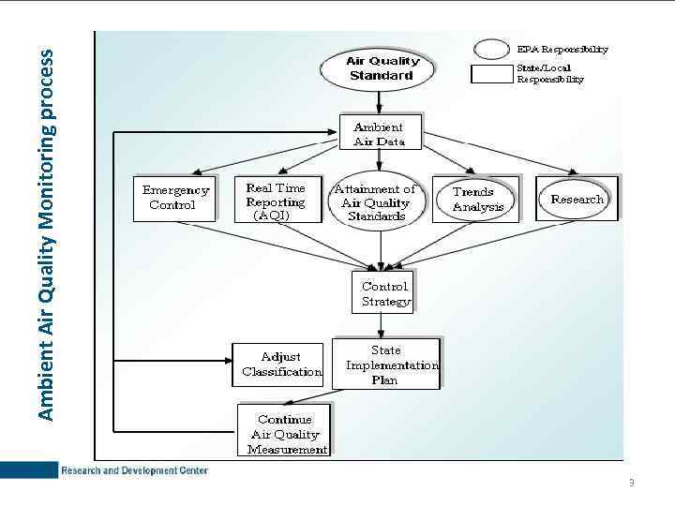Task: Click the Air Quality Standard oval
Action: [x=380, y=68]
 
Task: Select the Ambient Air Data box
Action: [x=380, y=134]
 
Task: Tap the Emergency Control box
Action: [x=174, y=198]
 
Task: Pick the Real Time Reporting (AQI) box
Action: [x=276, y=201]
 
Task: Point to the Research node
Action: [x=577, y=199]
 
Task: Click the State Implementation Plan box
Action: [x=385, y=365]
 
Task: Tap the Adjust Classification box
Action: [x=279, y=365]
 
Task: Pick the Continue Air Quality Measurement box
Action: [x=283, y=433]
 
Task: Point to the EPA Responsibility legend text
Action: [x=562, y=49]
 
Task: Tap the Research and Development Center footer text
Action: [x=134, y=470]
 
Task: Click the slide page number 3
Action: [x=631, y=483]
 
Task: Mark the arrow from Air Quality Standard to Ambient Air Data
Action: [x=380, y=102]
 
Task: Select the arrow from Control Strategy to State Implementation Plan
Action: [x=381, y=326]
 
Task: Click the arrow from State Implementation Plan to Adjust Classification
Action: [x=328, y=365]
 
